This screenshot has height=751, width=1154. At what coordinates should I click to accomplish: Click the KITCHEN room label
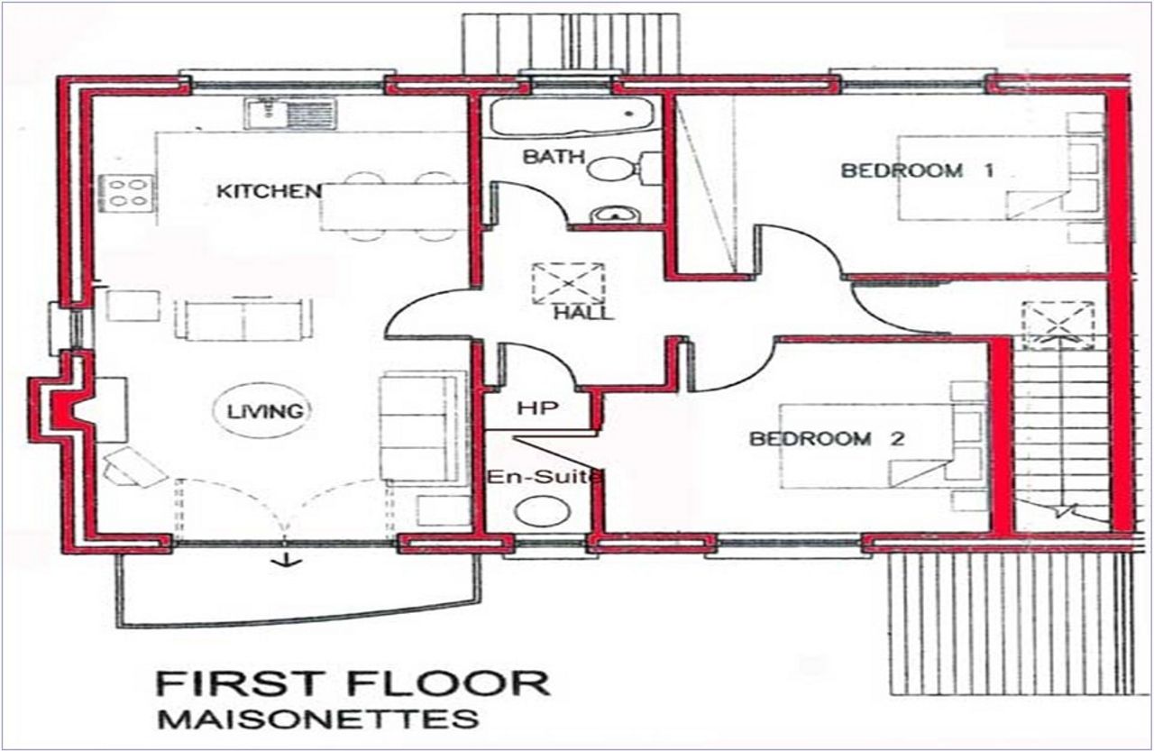click(x=269, y=192)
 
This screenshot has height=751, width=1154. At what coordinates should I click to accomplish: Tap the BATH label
click(x=554, y=157)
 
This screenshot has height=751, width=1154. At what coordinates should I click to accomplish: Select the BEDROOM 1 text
click(x=917, y=170)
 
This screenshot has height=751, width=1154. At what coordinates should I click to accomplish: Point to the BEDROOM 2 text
click(x=827, y=439)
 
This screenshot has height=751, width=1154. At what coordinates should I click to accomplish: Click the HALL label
click(x=583, y=313)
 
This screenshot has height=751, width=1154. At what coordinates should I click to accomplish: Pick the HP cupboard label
click(x=538, y=408)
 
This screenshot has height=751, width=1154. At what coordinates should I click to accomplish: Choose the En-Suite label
click(x=544, y=477)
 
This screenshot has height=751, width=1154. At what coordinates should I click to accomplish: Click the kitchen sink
click(x=290, y=114)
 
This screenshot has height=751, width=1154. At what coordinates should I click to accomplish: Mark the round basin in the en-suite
click(x=543, y=511)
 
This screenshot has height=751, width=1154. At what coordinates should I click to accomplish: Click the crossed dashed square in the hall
click(x=568, y=283)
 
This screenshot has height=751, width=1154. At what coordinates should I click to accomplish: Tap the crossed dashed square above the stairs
click(x=1058, y=325)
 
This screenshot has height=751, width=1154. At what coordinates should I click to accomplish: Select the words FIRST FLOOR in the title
click(x=353, y=683)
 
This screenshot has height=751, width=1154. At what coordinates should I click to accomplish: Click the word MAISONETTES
click(x=318, y=719)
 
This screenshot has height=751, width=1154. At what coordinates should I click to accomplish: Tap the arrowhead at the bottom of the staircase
click(x=1063, y=510)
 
